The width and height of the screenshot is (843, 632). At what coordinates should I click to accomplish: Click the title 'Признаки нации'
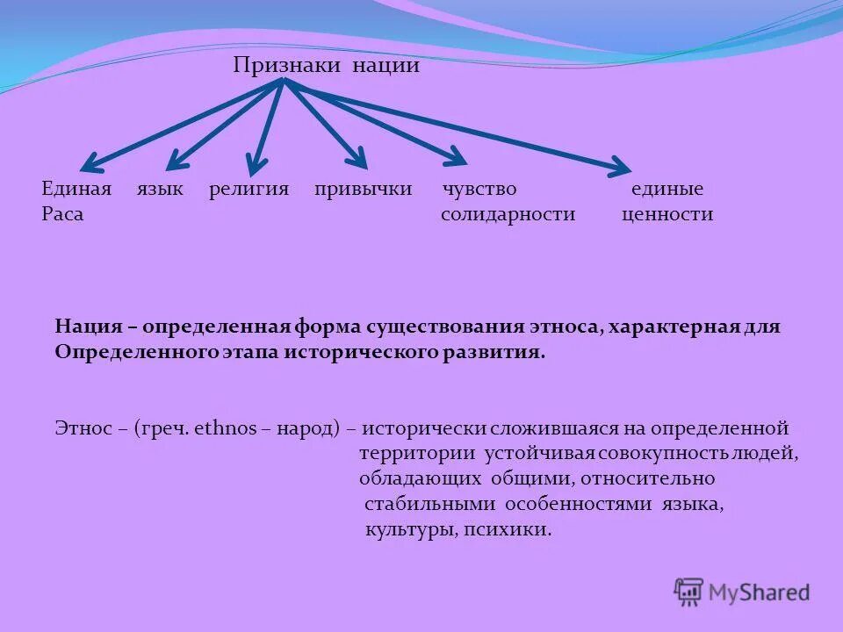click(x=326, y=66)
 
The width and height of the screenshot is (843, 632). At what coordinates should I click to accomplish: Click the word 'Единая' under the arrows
click(x=76, y=190)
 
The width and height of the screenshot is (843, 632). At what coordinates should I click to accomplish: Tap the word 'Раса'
click(x=62, y=214)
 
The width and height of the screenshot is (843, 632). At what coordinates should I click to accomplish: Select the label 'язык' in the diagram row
click(x=160, y=190)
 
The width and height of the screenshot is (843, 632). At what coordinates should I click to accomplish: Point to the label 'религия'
click(x=249, y=190)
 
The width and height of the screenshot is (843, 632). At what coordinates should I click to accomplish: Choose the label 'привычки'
click(x=364, y=190)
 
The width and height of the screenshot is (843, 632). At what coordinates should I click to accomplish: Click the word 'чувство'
click(x=479, y=190)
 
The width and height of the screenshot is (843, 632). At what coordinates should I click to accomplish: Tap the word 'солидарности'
click(x=508, y=214)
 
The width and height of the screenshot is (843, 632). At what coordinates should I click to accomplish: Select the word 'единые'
click(x=667, y=190)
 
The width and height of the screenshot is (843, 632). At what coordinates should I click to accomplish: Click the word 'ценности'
click(x=667, y=214)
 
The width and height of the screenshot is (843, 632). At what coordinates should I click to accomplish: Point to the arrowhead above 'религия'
click(x=256, y=162)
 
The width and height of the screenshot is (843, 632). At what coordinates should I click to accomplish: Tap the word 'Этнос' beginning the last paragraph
click(x=83, y=429)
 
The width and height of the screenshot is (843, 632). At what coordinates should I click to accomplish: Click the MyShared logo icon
click(x=689, y=592)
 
